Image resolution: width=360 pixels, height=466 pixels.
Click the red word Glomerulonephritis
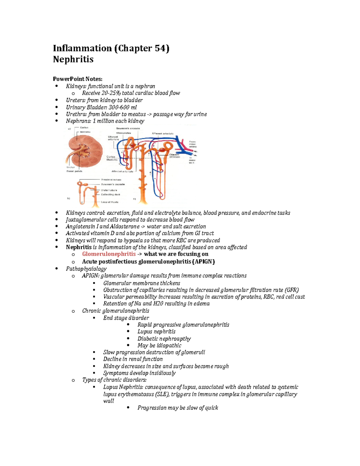pyautogui.click(x=109, y=254)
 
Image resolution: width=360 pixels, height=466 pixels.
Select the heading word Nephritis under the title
pyautogui.click(x=73, y=59)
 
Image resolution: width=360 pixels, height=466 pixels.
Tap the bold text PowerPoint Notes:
pyautogui.click(x=77, y=79)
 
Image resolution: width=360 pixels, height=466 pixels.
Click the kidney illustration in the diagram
pyautogui.click(x=85, y=150)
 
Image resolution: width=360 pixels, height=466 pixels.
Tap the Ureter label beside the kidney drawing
pyautogui.click(x=70, y=167)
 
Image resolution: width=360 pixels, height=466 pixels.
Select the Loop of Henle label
pyautogui.click(x=109, y=202)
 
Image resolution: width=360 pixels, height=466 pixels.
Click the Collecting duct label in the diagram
pyautogui.click(x=110, y=194)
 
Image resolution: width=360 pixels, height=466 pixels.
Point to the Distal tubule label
pyautogui.click(x=109, y=190)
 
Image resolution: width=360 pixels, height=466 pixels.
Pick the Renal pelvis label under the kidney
pyautogui.click(x=74, y=171)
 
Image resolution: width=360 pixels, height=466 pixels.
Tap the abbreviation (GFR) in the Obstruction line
pyautogui.click(x=291, y=290)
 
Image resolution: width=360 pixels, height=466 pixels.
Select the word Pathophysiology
pyautogui.click(x=86, y=269)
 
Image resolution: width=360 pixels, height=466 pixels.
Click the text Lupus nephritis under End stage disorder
pyautogui.click(x=156, y=332)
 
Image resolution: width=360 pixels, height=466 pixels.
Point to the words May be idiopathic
pyautogui.click(x=159, y=345)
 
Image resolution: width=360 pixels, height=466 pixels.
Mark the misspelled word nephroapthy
pyautogui.click(x=175, y=339)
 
